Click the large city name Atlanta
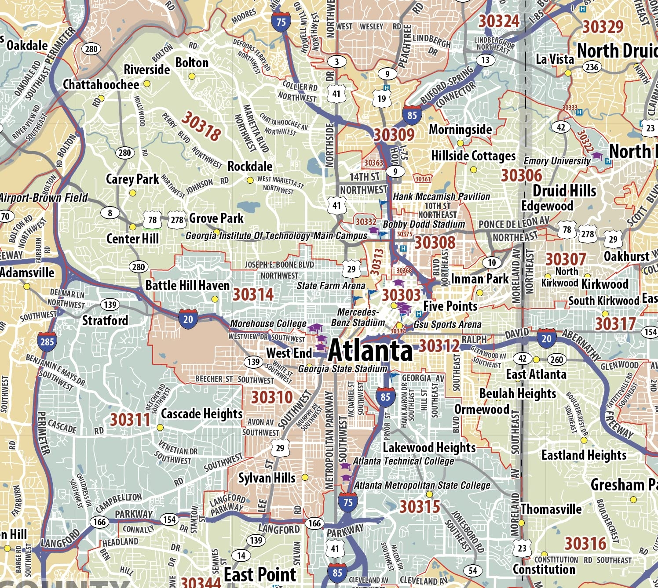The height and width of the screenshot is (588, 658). coord(370,350)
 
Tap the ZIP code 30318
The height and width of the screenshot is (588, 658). coord(201,126)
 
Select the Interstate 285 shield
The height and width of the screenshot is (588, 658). coord(47,341)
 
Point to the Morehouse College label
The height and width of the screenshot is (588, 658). coord(268,323)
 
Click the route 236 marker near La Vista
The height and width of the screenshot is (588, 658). coord(592,67)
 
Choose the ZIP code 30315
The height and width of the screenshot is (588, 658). coord(420,507)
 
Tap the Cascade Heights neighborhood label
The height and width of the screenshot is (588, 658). coord(201,414)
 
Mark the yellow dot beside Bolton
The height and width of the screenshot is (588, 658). coord(192,76)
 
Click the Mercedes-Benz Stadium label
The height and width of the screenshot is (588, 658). coord(358,317)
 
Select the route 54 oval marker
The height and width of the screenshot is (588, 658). coord(473,570)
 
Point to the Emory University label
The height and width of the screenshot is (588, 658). coord(557,161)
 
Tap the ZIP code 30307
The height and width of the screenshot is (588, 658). coord(566,259)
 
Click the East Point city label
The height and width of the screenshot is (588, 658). coord(260,574)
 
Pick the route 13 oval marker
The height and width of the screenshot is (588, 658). coord(485,60)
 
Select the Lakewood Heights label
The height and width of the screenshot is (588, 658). coord(429,447)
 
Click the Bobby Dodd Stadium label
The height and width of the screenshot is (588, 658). coord(424,224)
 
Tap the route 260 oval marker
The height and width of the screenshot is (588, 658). coord(556,359)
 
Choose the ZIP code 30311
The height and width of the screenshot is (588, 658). coord(130,420)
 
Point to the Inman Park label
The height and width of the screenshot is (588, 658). coord(479,279)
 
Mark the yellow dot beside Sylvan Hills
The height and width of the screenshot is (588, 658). coord(305,477)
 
